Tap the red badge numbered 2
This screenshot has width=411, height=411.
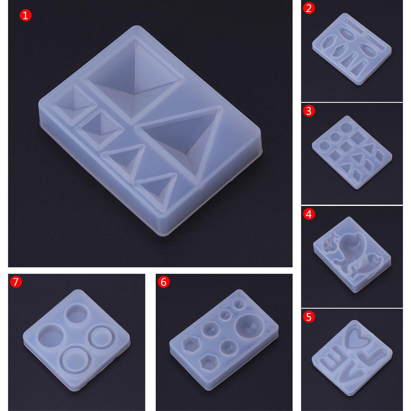[x=308, y=8]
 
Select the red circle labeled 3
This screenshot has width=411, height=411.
[x=308, y=111]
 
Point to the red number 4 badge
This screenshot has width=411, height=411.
[x=308, y=214]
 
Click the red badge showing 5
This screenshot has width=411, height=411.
[x=308, y=317]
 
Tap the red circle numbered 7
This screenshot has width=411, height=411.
[x=15, y=282]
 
